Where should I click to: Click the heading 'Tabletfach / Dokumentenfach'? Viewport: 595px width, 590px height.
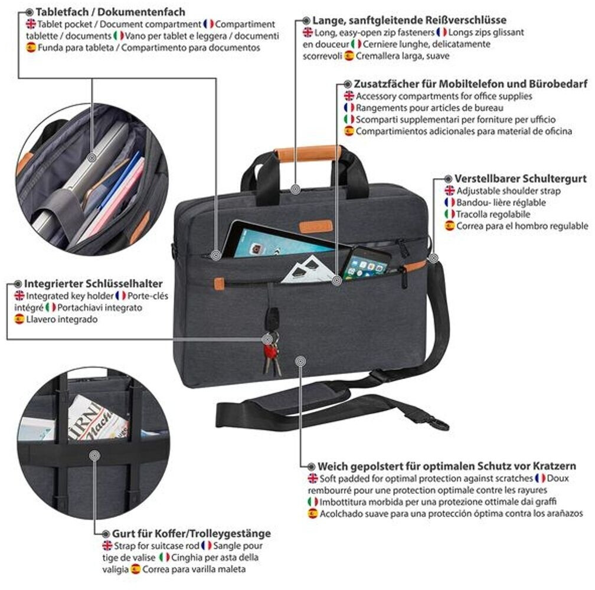click(110, 12)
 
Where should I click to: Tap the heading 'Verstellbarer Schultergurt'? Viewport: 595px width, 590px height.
click(520, 178)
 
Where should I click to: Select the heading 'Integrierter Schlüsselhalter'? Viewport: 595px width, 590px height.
click(93, 283)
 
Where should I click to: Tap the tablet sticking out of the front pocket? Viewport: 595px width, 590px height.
click(277, 242)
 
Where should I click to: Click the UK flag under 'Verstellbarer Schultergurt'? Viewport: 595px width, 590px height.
click(450, 191)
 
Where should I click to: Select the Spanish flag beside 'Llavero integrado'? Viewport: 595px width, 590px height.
click(19, 319)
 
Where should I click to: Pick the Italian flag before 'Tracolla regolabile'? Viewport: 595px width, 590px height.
click(450, 214)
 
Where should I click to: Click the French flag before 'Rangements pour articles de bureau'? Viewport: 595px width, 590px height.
click(349, 108)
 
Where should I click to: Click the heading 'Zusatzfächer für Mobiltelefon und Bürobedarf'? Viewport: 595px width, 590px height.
click(462, 84)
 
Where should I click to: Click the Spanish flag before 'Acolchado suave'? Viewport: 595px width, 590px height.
click(312, 513)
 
